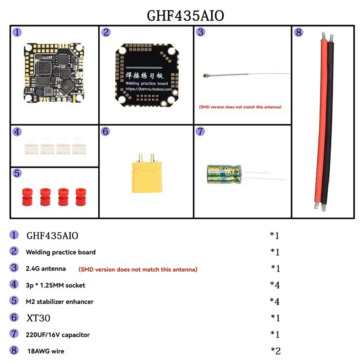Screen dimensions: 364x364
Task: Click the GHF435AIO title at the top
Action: pos(185,16)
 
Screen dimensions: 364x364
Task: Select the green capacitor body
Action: pos(224,174)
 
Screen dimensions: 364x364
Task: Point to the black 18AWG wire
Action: pos(329,121)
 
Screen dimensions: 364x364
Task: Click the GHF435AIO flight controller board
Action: pos(54,73)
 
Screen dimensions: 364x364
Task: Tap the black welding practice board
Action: pos(147,75)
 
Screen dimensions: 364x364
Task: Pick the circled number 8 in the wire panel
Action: pos(298,32)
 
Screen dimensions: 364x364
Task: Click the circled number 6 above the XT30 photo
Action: pos(105,131)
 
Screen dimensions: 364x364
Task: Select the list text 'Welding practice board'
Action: pos(61,252)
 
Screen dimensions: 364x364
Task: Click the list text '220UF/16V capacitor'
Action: pos(58,335)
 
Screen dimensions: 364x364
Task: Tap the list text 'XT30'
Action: pos(38,318)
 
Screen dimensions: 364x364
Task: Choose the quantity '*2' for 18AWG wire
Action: pos(275,351)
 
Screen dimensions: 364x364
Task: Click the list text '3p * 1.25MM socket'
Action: pos(56,285)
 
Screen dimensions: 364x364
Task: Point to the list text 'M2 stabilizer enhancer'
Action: pos(60,302)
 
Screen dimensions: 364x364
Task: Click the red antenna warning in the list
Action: pos(138,269)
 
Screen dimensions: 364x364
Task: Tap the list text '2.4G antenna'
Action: pos(46,269)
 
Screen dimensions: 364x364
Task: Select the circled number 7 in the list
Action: pos(14,334)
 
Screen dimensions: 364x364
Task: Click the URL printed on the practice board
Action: pos(149,89)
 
